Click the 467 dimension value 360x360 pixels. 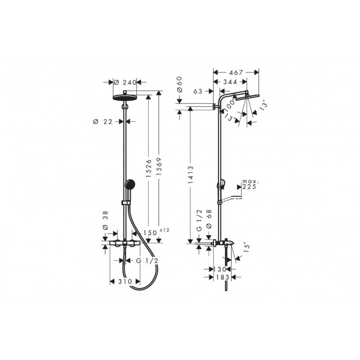point(236,73)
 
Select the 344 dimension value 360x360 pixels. point(230,82)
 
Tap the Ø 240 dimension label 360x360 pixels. point(125,82)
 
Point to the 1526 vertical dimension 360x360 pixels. point(149,168)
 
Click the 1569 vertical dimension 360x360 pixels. point(159,166)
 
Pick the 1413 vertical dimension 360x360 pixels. point(191,175)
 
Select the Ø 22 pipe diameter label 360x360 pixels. point(103,122)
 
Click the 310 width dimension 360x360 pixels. point(125,281)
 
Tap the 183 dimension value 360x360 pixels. point(223,277)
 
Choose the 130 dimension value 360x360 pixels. point(220,269)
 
